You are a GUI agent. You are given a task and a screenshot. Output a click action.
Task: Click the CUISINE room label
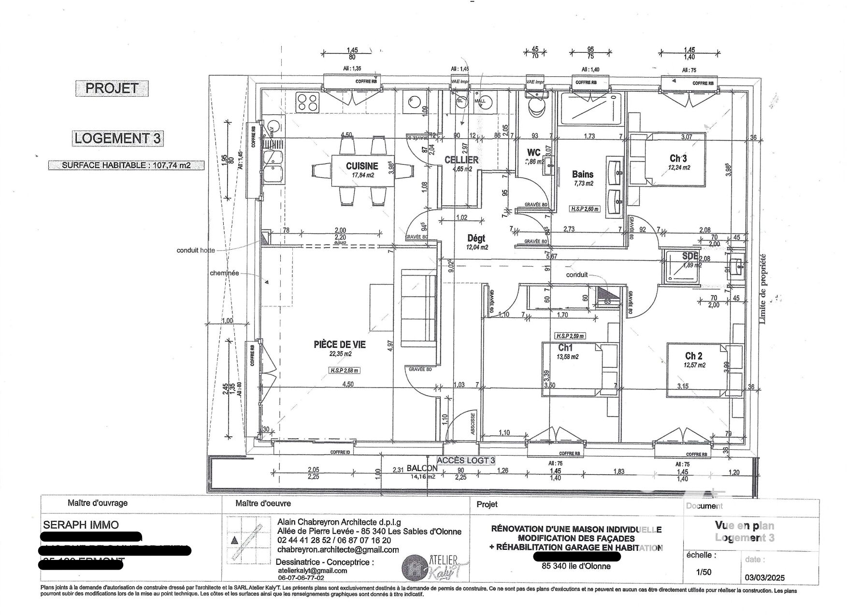362,166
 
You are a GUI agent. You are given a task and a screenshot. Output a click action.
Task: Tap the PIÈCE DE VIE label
340,344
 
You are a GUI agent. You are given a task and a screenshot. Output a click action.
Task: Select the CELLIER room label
461,159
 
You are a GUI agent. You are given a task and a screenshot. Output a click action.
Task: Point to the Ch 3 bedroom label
678,158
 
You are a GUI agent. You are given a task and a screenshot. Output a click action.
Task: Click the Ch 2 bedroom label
693,356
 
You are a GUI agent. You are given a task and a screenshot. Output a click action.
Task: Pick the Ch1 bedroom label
565,347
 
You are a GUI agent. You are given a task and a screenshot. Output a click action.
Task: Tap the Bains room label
582,174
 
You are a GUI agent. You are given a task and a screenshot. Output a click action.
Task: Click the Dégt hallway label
476,238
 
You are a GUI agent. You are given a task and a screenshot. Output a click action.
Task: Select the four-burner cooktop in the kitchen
308,102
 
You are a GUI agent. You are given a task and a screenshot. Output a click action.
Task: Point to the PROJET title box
112,88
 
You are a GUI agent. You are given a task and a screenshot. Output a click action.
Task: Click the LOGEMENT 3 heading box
117,138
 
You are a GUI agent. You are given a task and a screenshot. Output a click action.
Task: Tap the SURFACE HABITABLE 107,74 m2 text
126,165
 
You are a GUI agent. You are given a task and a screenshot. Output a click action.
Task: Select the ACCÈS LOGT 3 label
466,460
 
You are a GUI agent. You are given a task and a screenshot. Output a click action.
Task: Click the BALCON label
422,468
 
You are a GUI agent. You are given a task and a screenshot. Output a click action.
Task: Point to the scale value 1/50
703,572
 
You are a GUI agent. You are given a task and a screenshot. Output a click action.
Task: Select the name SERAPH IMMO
81,525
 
